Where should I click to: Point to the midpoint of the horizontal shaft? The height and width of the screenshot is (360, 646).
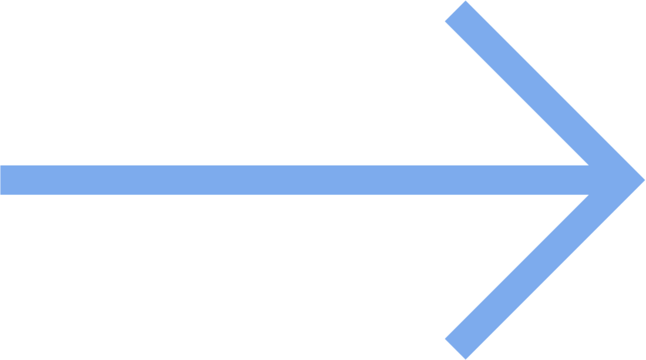(294, 180)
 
